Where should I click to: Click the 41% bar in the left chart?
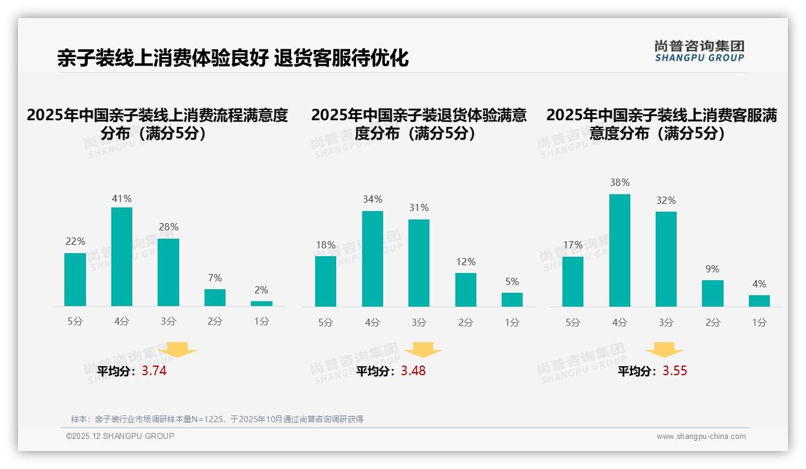tap(122, 257)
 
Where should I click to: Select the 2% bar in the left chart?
tap(262, 304)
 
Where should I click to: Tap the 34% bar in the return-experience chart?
tap(372, 259)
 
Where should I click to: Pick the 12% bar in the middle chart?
tap(466, 290)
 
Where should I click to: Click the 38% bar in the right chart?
tap(620, 250)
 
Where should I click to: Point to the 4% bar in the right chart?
tap(759, 301)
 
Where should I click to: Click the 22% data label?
tap(75, 241)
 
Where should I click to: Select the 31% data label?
tap(419, 207)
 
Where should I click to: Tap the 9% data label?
tap(712, 269)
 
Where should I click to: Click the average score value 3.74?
tap(154, 371)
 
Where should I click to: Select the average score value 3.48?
tap(413, 371)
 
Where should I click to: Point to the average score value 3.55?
tap(674, 371)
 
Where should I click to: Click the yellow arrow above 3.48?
tap(423, 350)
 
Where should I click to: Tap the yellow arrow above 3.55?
tap(664, 350)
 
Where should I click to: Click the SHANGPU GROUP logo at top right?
tap(699, 51)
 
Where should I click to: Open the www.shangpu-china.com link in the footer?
tap(701, 437)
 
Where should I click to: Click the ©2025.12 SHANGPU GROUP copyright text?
tap(120, 436)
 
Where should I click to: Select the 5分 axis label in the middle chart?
tap(325, 322)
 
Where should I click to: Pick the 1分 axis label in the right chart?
tap(759, 322)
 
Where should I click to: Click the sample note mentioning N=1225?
tap(217, 419)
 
